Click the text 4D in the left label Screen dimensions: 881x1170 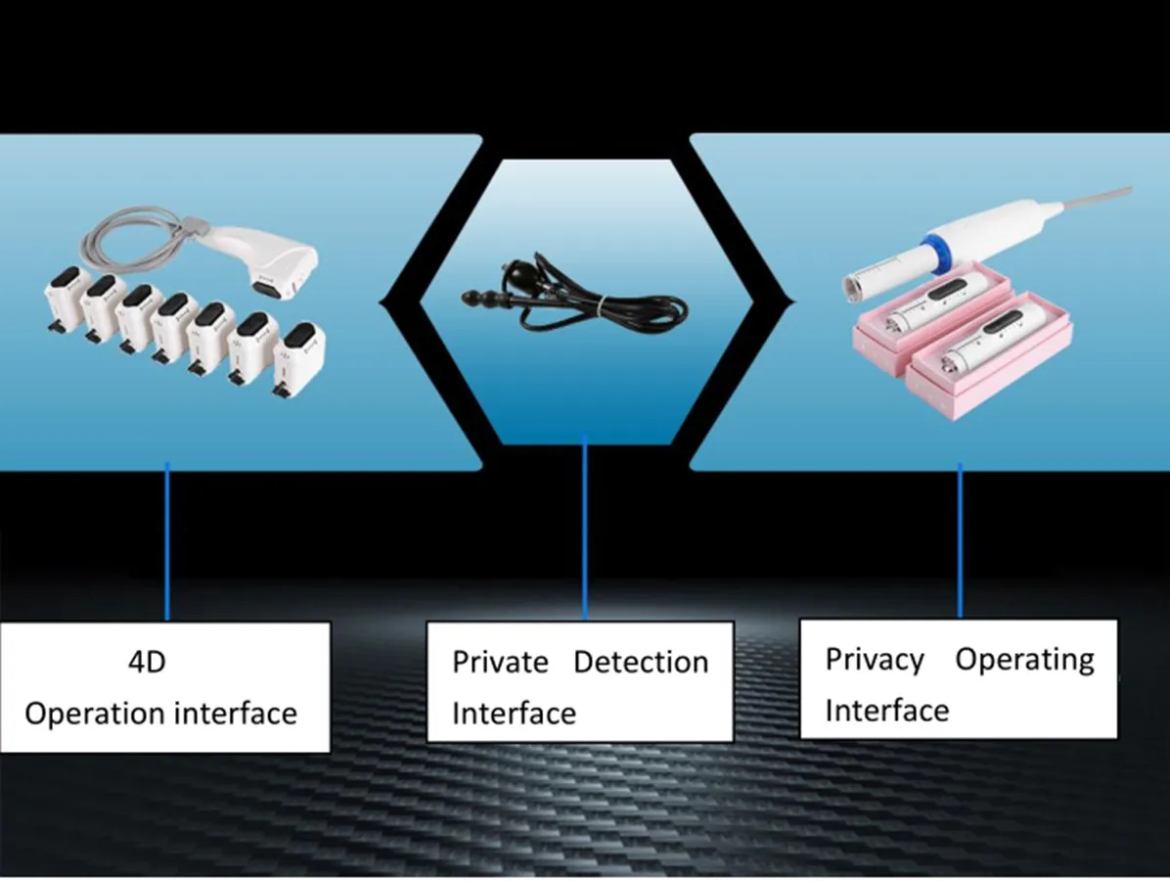point(148,662)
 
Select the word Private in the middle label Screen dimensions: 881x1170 point(500,662)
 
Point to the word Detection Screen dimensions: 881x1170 point(641,662)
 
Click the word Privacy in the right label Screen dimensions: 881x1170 point(875,659)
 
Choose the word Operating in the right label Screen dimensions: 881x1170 point(1024,659)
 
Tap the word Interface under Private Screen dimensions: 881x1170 point(514,713)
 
